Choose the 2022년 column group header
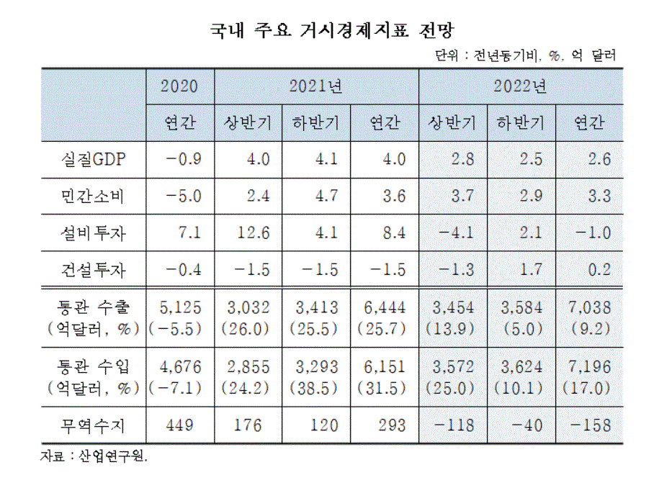(520, 87)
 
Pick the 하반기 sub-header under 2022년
(520, 123)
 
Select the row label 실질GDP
(94, 160)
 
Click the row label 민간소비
(94, 196)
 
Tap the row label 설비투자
(94, 233)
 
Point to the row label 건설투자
(94, 270)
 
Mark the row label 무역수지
(94, 425)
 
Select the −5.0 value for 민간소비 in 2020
(179, 196)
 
